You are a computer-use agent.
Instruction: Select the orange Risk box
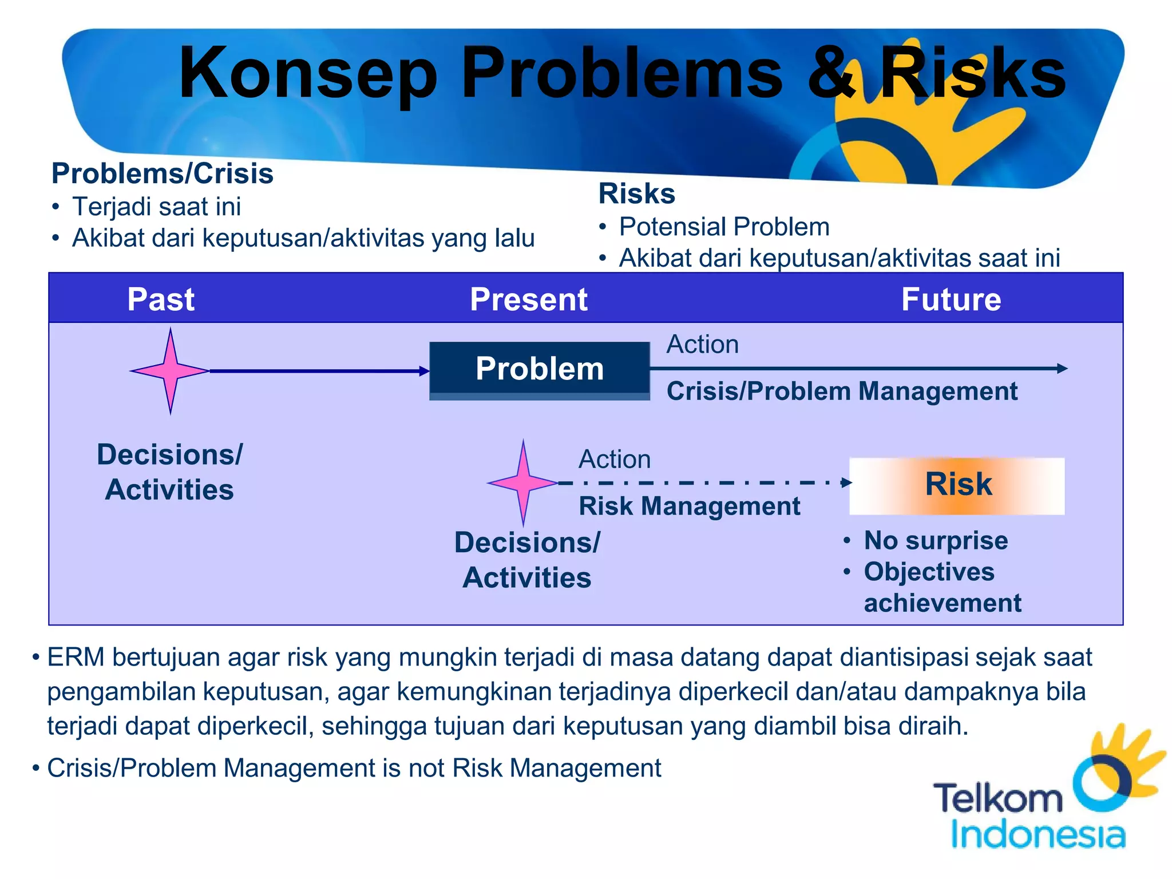pos(957,485)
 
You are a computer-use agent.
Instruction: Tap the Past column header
pos(161,299)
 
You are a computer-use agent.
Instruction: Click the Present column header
pos(528,299)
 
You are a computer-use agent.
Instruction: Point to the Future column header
pos(951,299)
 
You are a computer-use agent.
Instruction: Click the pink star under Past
pos(170,371)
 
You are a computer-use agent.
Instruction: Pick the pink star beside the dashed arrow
pos(522,482)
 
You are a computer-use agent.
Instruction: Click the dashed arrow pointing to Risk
pos(704,483)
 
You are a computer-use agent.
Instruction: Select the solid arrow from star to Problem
pos(318,371)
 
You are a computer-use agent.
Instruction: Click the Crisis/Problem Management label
pos(841,392)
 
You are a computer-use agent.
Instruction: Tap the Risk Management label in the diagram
pos(689,506)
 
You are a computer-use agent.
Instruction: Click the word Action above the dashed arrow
pos(614,460)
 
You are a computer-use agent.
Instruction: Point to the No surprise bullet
pos(935,541)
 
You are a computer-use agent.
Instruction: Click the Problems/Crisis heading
pos(162,173)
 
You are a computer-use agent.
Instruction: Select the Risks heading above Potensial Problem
pos(636,193)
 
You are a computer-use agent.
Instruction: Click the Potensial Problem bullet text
pos(724,227)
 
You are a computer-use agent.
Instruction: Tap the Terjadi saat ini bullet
pos(156,207)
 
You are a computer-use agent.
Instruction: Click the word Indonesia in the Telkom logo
pos(1037,835)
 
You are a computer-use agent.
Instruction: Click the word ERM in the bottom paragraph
pos(76,658)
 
